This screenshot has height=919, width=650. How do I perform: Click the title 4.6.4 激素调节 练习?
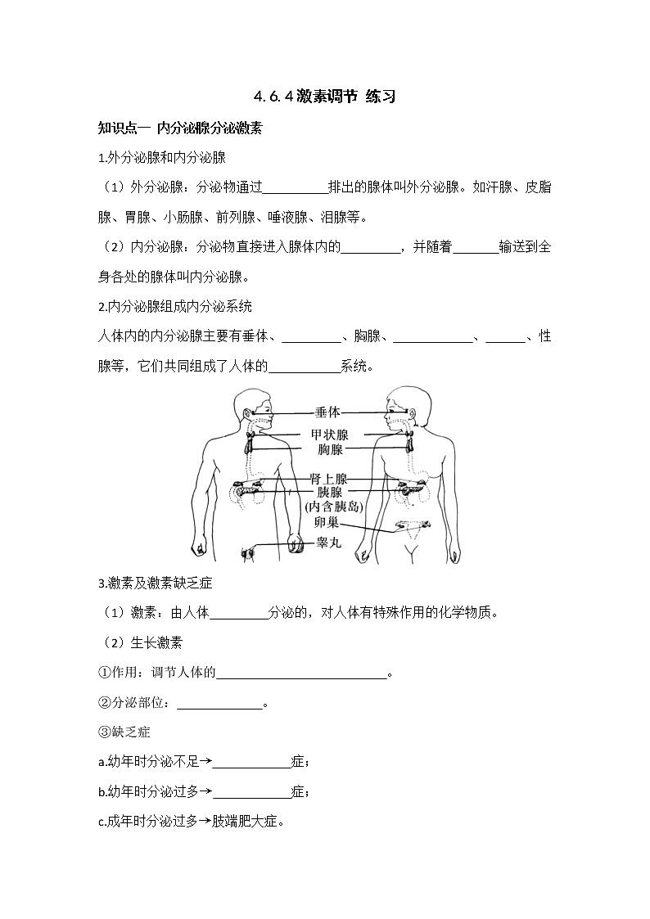tap(325, 97)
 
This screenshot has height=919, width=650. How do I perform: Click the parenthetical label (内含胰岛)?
tap(333, 507)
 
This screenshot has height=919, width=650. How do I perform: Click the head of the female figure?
tap(404, 407)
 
